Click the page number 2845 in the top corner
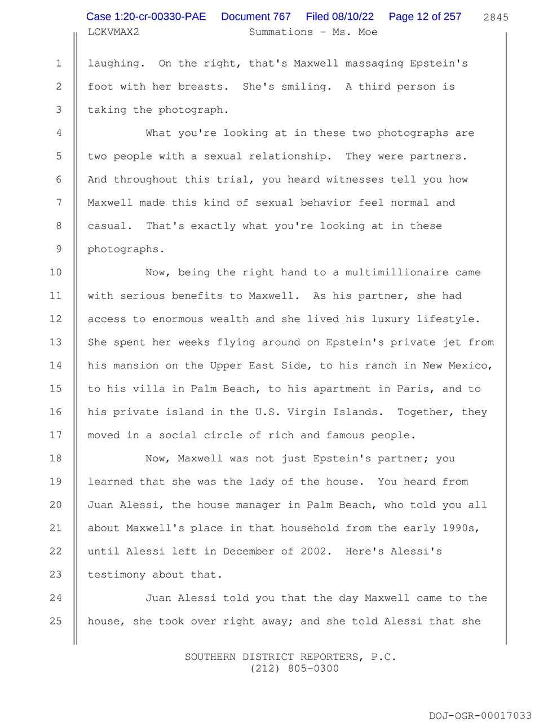tap(496, 17)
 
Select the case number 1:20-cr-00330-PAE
tap(146, 17)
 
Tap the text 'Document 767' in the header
tap(256, 17)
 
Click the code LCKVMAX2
tap(113, 32)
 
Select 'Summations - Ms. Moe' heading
tap(313, 32)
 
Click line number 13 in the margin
tap(55, 342)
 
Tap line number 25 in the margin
tap(55, 621)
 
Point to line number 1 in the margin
tap(58, 64)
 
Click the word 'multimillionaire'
tap(397, 272)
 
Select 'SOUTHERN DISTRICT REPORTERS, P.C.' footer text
tap(290, 657)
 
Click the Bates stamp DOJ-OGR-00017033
tap(480, 716)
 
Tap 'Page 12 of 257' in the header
tap(425, 17)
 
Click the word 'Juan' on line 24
tap(158, 598)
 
